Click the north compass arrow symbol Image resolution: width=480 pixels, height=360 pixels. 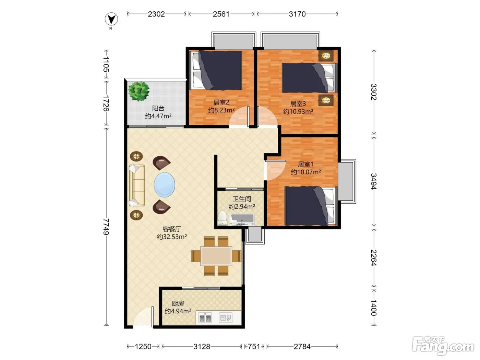pos(111,19)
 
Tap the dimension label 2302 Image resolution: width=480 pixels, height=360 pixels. pos(156,14)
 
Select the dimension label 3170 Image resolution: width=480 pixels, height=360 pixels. pos(297,14)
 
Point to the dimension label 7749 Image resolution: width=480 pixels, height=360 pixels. pos(106,227)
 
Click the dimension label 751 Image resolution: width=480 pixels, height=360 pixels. pos(254,346)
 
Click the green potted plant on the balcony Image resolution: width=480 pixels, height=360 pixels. pos(139,91)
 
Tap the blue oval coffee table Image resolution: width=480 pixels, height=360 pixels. pos(165,185)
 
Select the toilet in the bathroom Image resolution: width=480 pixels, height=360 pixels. pos(223,218)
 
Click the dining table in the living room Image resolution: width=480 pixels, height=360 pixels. pos(216,256)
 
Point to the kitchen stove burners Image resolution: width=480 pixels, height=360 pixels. pos(205,317)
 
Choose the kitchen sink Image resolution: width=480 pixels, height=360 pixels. pos(226,317)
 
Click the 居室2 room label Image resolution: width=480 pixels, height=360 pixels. pos(221,102)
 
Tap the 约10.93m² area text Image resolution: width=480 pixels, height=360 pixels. pos(298,111)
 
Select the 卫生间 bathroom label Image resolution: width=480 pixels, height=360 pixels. pos(242,199)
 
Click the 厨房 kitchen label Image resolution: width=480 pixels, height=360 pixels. pos(178,303)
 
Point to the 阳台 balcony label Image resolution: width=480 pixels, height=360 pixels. pos(158,108)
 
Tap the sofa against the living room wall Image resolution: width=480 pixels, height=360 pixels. pos(137,185)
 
